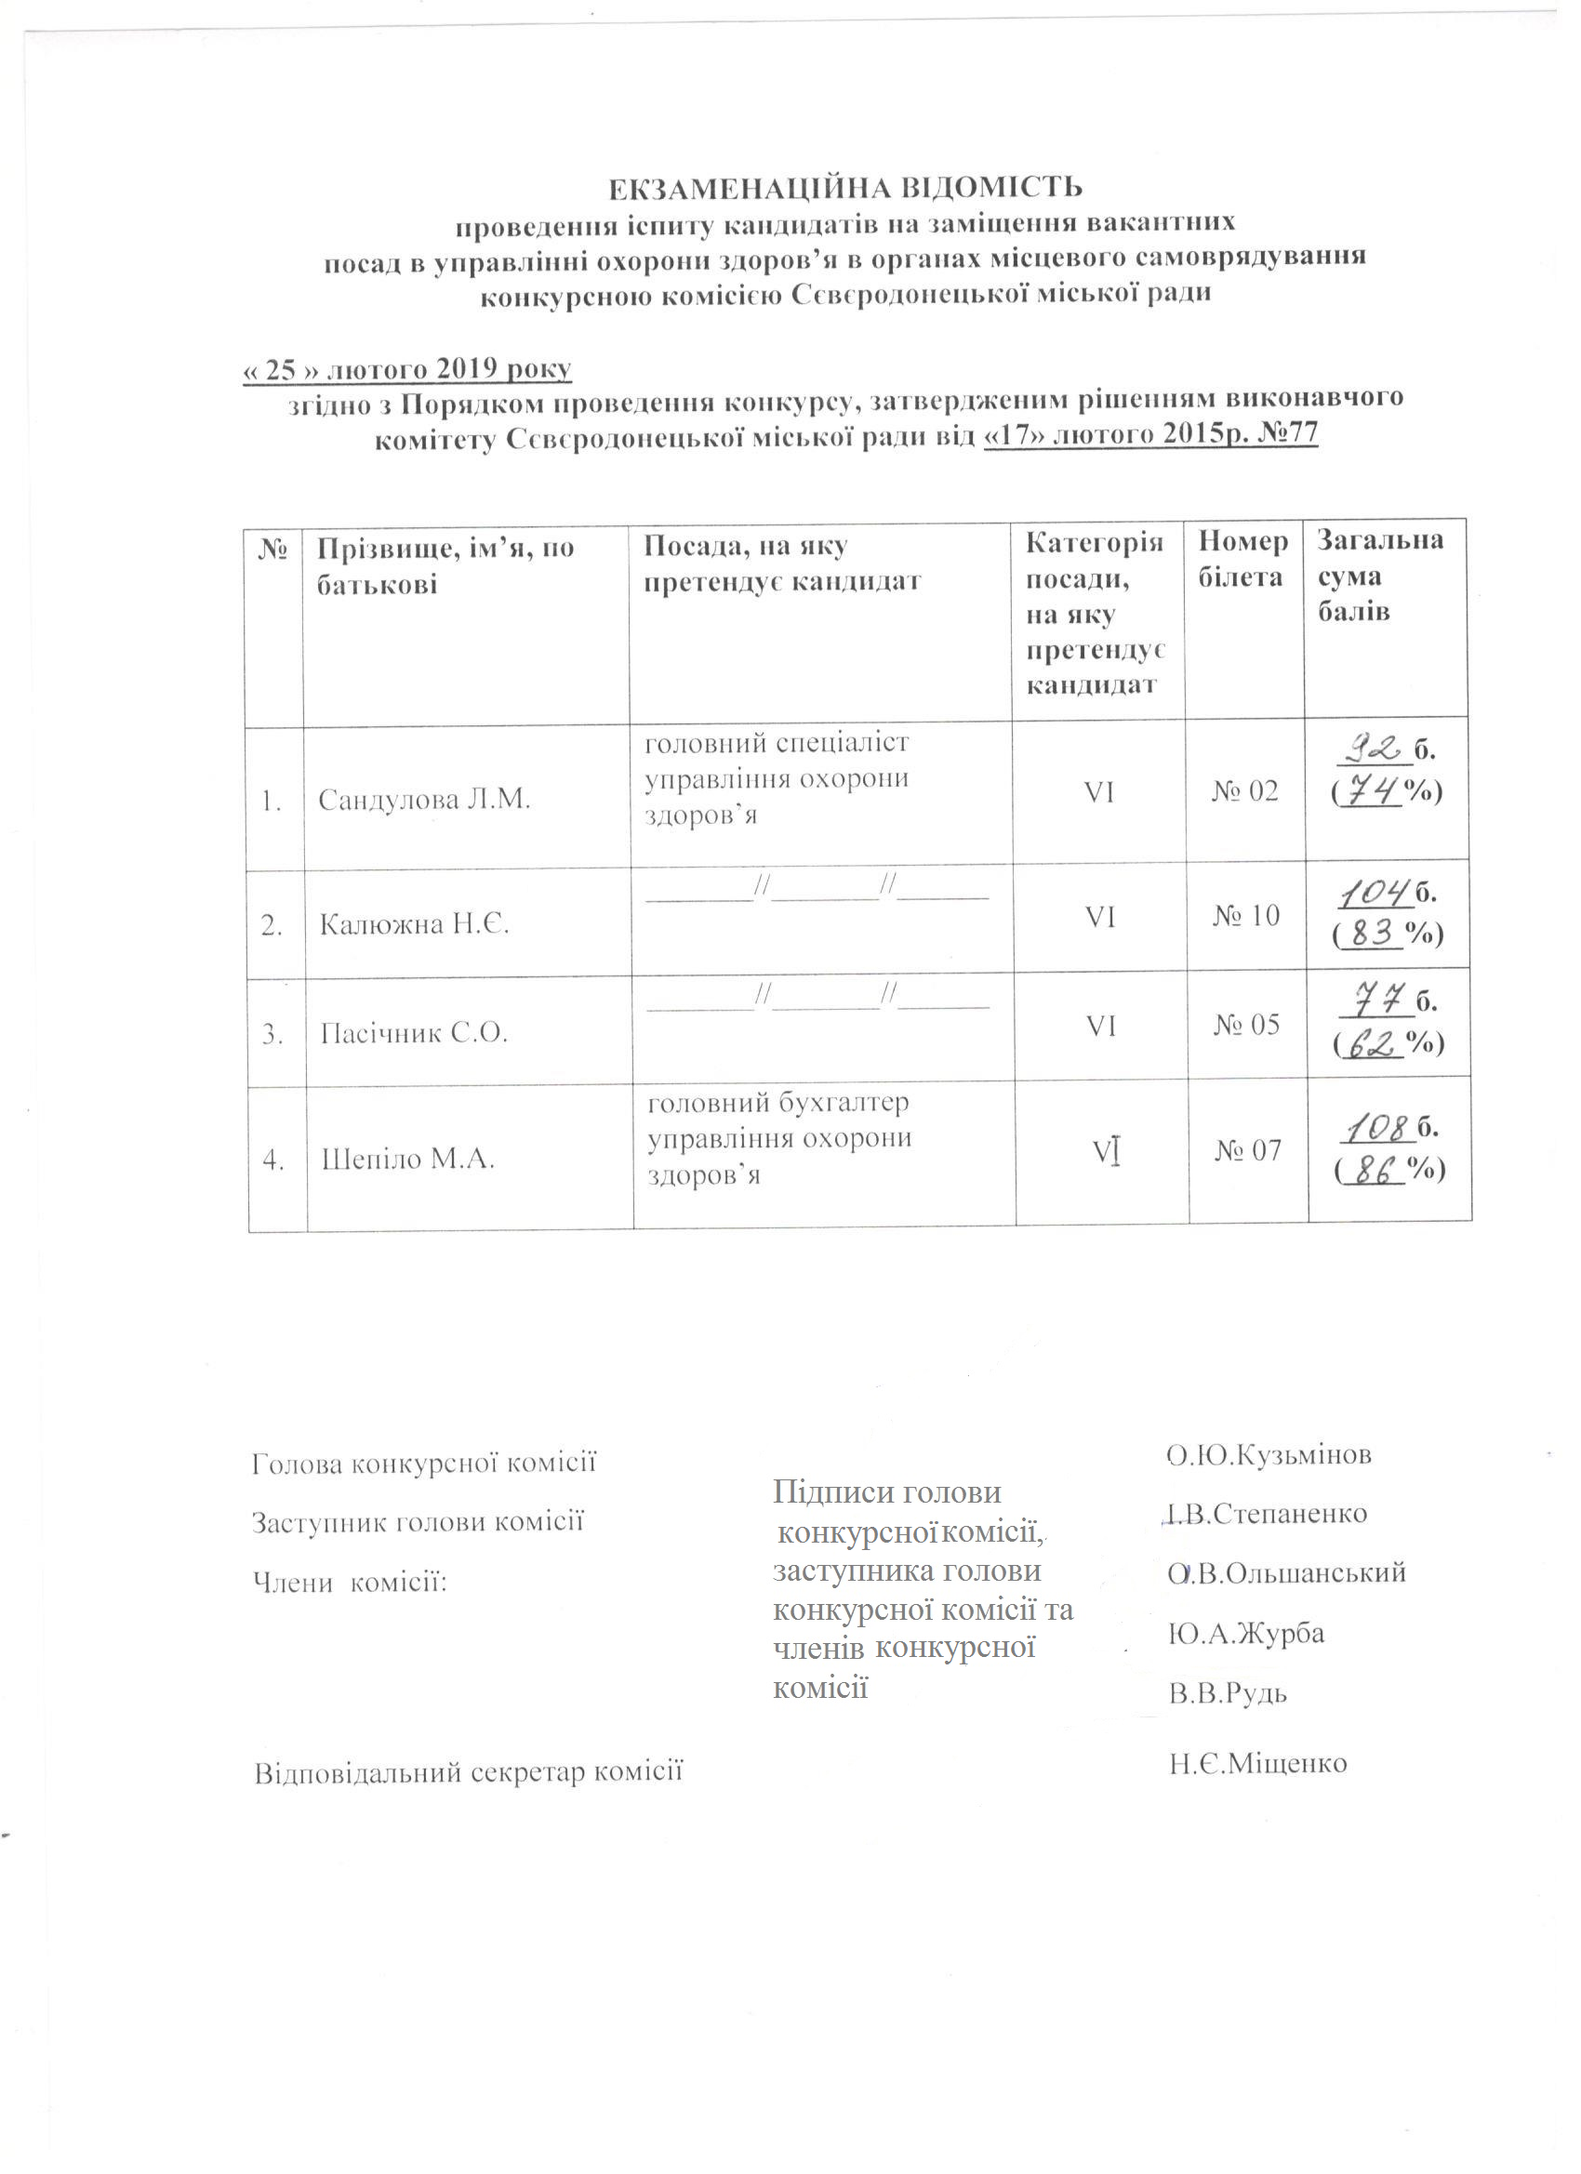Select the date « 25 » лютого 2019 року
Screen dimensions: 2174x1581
(x=407, y=370)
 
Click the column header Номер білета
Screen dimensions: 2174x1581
(x=1242, y=560)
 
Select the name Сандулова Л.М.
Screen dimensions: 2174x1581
(x=424, y=800)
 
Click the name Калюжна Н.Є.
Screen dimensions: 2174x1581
(x=413, y=925)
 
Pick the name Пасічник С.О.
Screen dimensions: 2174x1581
(x=413, y=1033)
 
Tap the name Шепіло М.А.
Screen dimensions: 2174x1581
(x=407, y=1159)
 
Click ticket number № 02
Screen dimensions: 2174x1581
(x=1244, y=790)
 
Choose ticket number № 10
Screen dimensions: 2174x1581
(x=1245, y=917)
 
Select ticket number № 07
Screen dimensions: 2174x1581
(x=1247, y=1150)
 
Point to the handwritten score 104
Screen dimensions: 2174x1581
(x=1375, y=895)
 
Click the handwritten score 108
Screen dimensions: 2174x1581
(x=1376, y=1130)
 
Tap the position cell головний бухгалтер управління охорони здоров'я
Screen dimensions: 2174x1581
(x=778, y=1139)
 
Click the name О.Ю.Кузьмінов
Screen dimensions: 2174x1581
(x=1269, y=1454)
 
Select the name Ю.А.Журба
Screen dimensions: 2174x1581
(x=1245, y=1633)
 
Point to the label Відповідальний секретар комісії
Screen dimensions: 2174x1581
(x=468, y=1771)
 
